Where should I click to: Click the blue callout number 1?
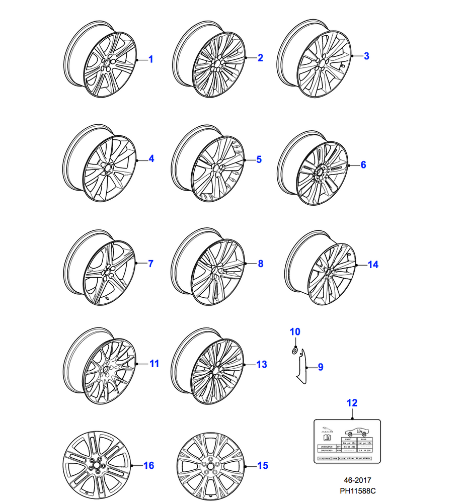150,59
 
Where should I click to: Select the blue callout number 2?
260,58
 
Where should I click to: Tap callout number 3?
366,56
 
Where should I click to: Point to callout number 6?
363,164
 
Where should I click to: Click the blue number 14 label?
372,265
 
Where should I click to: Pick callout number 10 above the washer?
295,331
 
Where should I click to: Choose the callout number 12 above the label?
352,402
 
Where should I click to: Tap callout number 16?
148,466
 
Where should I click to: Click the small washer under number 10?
294,350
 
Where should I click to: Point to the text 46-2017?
358,480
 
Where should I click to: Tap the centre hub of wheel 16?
95,466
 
